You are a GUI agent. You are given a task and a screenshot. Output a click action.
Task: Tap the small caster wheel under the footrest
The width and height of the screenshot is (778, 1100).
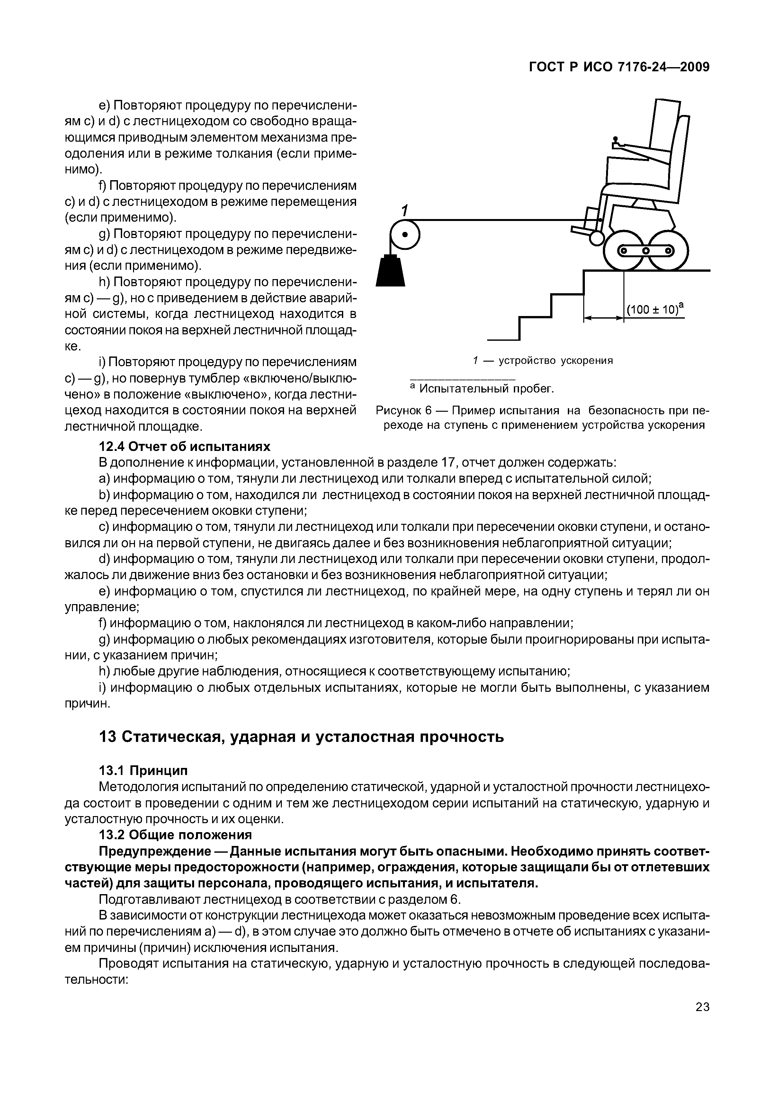click(596, 238)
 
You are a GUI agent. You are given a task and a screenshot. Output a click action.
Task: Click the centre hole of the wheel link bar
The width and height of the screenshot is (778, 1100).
click(646, 251)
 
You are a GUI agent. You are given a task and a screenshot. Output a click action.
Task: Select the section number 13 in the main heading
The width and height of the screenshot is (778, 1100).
click(106, 736)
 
